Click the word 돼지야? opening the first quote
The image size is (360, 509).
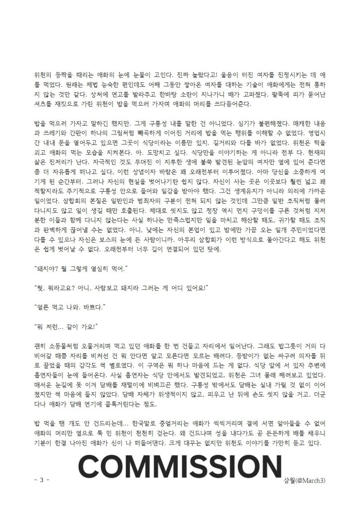tap(47, 269)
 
